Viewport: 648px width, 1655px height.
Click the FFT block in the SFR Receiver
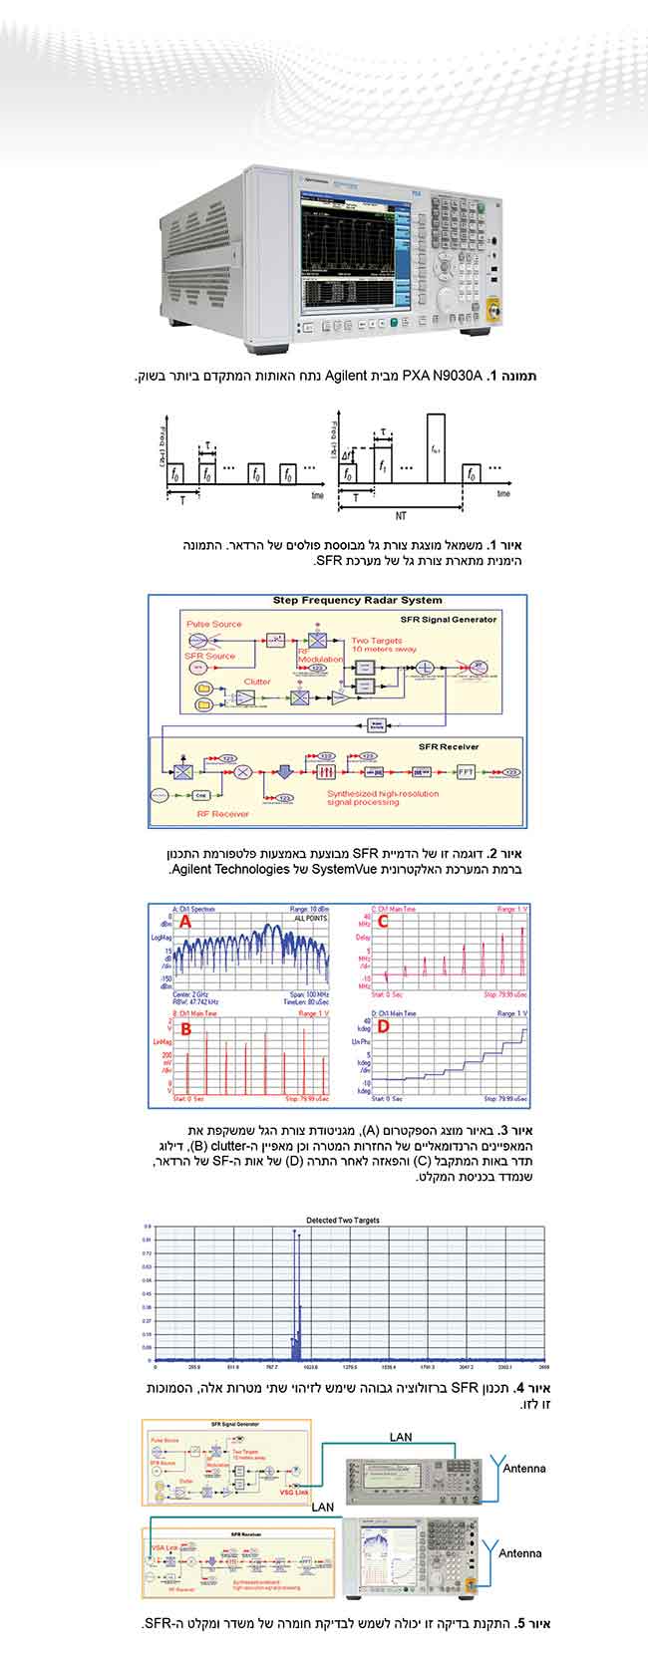click(467, 771)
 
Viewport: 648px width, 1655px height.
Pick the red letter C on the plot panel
click(383, 923)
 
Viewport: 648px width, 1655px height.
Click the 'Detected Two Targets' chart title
click(341, 1220)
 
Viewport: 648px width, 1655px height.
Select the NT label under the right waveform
click(400, 517)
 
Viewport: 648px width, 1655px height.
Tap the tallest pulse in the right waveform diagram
click(437, 448)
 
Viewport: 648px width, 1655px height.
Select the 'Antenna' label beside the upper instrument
click(522, 1468)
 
